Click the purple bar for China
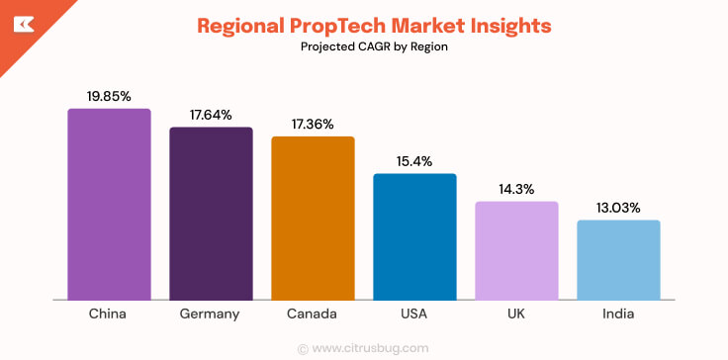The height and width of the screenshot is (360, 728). [109, 204]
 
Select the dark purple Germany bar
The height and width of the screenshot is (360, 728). [211, 213]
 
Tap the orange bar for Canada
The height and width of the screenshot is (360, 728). [313, 218]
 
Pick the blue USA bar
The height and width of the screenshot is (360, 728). [414, 236]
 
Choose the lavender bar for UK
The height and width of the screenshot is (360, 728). [516, 250]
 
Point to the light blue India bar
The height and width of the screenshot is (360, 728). [618, 259]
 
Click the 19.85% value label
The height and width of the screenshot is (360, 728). [109, 96]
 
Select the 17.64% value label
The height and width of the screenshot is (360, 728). [211, 115]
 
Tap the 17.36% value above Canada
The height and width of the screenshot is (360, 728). [313, 124]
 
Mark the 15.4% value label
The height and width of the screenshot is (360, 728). [414, 161]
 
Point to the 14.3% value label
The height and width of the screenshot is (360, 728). [516, 189]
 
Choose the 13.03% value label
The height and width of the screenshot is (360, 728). [618, 208]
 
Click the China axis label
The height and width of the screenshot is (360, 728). [109, 314]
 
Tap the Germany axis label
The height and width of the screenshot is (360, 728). [211, 315]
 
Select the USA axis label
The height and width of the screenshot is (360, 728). [414, 314]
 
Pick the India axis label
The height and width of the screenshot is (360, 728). [618, 314]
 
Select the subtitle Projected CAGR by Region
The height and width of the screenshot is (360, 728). [363, 46]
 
